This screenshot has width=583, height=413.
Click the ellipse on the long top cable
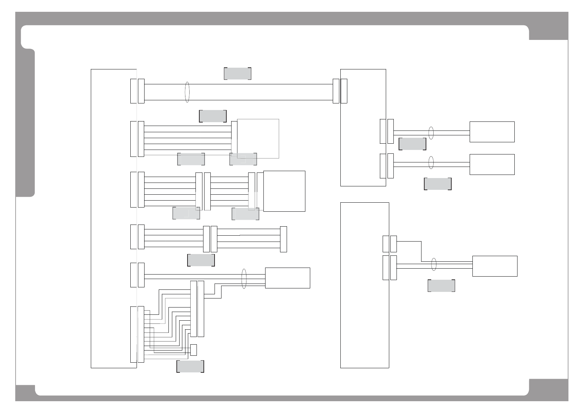(x=187, y=92)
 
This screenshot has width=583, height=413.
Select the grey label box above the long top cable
(x=237, y=74)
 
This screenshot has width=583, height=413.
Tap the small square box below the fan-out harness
(x=193, y=350)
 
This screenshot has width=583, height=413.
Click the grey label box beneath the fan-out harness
(x=190, y=366)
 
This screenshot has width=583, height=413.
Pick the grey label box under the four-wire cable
(x=201, y=260)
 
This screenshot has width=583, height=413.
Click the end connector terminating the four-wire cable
(x=283, y=239)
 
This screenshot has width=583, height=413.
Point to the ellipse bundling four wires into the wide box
(x=244, y=279)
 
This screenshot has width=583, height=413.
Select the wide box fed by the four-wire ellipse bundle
(x=287, y=278)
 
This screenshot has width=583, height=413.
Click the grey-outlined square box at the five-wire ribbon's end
(x=258, y=138)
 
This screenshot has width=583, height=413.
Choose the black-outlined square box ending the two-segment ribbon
(x=284, y=191)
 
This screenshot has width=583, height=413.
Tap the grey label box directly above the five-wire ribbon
(x=213, y=116)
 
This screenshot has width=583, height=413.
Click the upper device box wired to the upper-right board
(x=492, y=132)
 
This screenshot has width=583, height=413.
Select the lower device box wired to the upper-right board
(x=492, y=164)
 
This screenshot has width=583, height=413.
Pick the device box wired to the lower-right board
(x=495, y=266)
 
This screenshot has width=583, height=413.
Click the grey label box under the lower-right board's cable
(x=441, y=286)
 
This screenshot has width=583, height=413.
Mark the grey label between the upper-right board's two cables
(x=412, y=144)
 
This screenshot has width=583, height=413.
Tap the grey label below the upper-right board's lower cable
(x=437, y=184)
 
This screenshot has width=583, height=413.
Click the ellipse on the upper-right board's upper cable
(x=431, y=133)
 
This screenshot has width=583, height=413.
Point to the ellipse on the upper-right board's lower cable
(x=431, y=162)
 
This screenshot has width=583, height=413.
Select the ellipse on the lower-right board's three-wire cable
(x=433, y=264)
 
